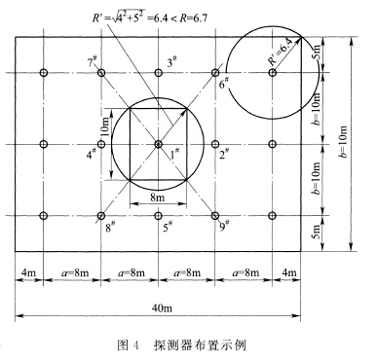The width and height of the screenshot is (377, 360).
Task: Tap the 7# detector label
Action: pos(93,62)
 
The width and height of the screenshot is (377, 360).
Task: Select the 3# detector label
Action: pos(171,62)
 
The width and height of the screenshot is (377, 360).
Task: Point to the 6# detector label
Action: pos(223,85)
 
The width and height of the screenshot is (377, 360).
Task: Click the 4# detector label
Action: pos(91,153)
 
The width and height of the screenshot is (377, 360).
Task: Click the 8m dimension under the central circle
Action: pos(158,198)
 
